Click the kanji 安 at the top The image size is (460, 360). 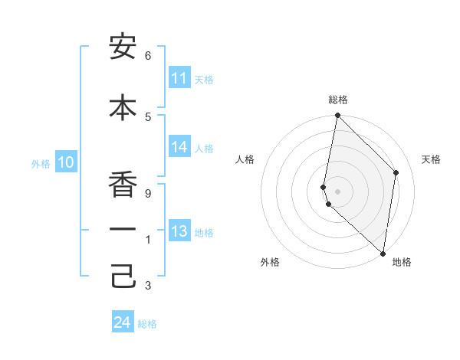point(123,47)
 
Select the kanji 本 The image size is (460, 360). point(123,107)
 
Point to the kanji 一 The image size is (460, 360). point(123,229)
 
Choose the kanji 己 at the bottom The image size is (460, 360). point(123,276)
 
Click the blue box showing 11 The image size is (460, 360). point(179,78)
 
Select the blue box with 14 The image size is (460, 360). point(179,148)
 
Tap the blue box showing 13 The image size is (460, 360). point(179,232)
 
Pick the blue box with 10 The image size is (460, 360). point(66,162)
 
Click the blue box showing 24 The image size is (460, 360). point(123,323)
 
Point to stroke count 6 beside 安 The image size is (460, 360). point(148,56)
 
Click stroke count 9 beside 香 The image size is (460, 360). point(148,194)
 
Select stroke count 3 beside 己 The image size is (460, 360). point(148,286)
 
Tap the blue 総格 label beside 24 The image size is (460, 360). point(147,324)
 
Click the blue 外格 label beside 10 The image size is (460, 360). point(41,163)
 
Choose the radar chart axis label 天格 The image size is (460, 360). point(431,159)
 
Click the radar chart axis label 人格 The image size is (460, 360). point(245,159)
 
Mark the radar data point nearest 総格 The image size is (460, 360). point(337,116)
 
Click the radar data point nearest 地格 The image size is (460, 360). point(383,254)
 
